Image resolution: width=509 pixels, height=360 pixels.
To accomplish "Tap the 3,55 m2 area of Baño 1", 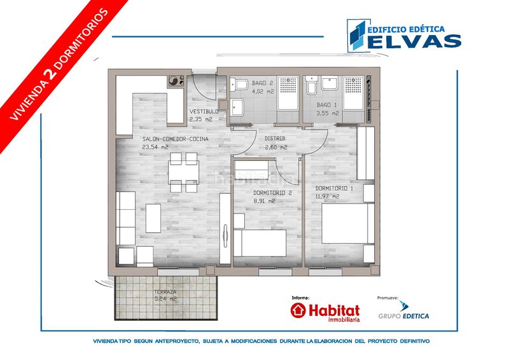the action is (328, 114).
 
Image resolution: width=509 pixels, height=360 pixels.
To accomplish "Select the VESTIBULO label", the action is (204, 112).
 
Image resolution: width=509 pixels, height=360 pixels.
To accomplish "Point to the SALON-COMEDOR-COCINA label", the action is (176, 139).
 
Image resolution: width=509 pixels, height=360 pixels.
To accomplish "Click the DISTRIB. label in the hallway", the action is (275, 139).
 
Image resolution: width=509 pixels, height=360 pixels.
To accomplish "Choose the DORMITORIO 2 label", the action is (272, 193).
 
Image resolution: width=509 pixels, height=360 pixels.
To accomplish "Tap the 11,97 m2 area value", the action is (327, 197).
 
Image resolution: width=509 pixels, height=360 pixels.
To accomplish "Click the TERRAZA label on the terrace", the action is (165, 292).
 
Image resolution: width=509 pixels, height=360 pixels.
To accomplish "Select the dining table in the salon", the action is (184, 172).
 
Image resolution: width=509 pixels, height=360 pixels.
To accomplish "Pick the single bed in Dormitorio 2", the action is (260, 243).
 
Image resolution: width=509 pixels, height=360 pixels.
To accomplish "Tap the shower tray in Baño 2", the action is (288, 93).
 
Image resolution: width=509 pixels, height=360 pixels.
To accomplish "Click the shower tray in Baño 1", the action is (354, 93).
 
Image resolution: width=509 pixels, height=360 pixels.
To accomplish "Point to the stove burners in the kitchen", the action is (176, 81).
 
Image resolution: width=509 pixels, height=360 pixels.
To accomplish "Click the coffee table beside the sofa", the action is (153, 218).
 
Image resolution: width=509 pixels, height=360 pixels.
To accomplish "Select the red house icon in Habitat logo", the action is (298, 310).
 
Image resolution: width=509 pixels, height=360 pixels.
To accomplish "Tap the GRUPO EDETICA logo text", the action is (403, 316).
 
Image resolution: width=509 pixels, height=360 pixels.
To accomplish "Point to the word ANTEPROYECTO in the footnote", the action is (177, 341).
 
